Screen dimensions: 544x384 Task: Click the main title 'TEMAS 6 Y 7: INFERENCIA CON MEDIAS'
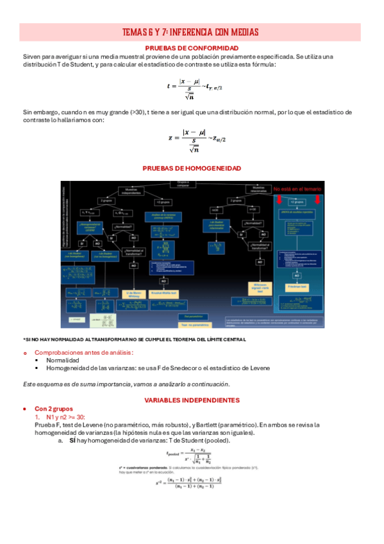(x=191, y=33)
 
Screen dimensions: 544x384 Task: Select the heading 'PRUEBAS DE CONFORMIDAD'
(x=192, y=48)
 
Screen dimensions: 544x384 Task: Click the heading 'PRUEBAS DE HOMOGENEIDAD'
(x=192, y=168)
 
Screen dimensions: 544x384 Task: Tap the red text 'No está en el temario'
(x=297, y=189)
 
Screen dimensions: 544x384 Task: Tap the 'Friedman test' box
(x=297, y=285)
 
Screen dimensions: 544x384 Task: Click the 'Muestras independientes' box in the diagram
(x=131, y=191)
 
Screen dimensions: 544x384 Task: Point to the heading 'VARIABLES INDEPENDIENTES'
(x=192, y=400)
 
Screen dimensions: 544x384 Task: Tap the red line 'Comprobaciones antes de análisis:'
(x=84, y=352)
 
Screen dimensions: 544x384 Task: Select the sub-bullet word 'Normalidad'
(x=63, y=360)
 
